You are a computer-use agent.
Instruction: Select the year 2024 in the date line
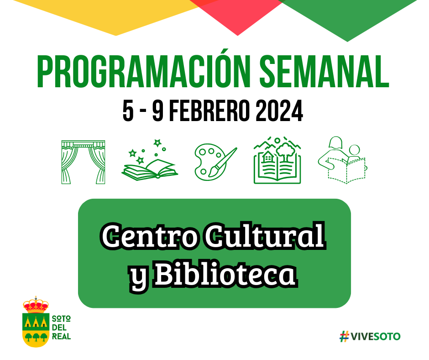pyautogui.click(x=279, y=111)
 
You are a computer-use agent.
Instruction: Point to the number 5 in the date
pyautogui.click(x=128, y=111)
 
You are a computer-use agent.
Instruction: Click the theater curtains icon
pyautogui.click(x=83, y=162)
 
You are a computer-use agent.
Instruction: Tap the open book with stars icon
pyautogui.click(x=150, y=160)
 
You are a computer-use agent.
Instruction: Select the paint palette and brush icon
pyautogui.click(x=215, y=162)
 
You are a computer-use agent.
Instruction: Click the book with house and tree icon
pyautogui.click(x=277, y=160)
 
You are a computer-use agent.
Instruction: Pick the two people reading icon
pyautogui.click(x=342, y=160)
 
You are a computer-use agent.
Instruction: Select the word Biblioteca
pyautogui.click(x=225, y=273)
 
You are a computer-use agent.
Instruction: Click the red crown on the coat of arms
pyautogui.click(x=36, y=305)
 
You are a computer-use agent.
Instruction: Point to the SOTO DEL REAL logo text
pyautogui.click(x=61, y=328)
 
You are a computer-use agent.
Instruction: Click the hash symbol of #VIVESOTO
pyautogui.click(x=345, y=336)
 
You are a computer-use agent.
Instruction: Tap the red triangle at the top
pyautogui.click(x=237, y=14)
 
